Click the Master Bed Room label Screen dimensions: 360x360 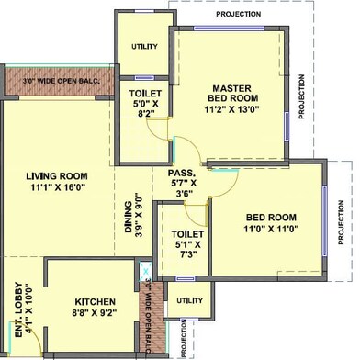point(232,94)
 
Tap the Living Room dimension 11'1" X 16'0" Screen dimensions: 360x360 point(58,187)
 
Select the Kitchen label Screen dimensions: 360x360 point(96,301)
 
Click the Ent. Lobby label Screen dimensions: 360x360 point(18,309)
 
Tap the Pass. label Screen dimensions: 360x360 point(182,173)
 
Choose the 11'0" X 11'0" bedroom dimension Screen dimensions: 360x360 point(271,229)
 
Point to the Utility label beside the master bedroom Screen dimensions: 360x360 point(144,47)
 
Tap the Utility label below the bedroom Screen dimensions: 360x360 point(189,300)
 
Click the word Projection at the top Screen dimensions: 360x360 point(239,14)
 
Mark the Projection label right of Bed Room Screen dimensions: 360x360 point(341,222)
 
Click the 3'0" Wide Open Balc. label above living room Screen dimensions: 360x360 point(62,81)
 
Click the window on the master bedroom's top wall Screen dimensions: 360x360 point(229,28)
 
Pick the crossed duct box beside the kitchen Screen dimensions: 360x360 point(145,271)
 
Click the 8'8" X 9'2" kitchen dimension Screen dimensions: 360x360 point(96,312)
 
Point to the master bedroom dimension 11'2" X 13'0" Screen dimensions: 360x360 point(232,109)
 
